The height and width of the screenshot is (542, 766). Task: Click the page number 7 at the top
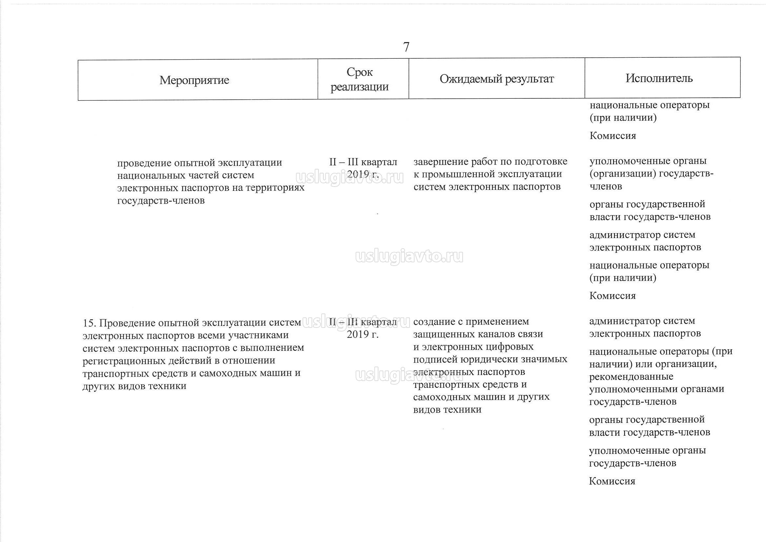[406, 47]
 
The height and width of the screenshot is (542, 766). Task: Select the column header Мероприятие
[194, 80]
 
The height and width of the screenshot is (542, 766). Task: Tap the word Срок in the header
[359, 72]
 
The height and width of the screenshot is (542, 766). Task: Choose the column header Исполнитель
[659, 78]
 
